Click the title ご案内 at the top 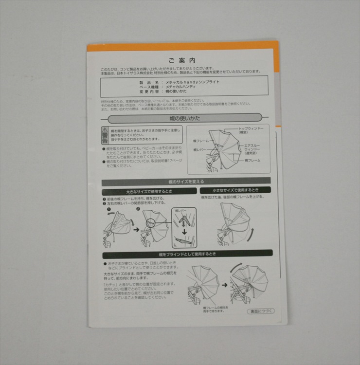click(182, 60)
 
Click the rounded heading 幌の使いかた click(182, 118)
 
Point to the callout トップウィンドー click(252, 129)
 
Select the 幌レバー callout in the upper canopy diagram click(200, 150)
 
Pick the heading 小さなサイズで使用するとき click(235, 190)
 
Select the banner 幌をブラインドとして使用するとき click(187, 254)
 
